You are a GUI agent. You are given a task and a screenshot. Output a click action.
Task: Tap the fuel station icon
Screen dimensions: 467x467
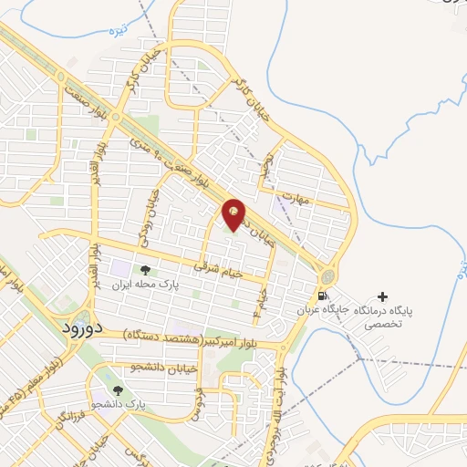pos(321,296)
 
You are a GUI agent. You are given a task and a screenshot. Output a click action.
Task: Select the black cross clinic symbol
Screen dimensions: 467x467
pos(381,297)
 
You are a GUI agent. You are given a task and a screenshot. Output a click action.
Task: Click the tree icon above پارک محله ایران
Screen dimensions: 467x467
pos(144,270)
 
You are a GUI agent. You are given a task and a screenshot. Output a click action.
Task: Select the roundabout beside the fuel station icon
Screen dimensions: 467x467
pos(327,276)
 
